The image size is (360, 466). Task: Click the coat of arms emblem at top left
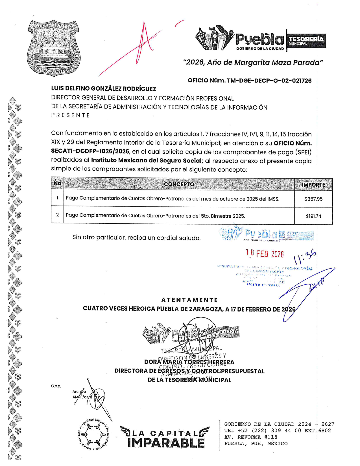[x=53, y=48]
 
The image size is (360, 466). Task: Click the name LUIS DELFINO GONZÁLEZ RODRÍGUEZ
[x=103, y=89]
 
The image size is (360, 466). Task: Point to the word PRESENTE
[x=70, y=115]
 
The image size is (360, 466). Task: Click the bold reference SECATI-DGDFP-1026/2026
[x=90, y=151]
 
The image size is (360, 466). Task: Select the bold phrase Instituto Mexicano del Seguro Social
[x=147, y=160]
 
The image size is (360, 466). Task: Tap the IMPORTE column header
[x=313, y=185]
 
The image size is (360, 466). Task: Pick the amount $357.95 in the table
[x=313, y=199]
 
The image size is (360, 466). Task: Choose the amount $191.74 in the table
[x=313, y=216]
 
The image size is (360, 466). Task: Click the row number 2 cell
[x=57, y=215]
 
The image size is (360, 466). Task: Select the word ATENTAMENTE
[x=189, y=300]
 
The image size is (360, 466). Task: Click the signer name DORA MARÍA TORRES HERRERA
[x=189, y=362]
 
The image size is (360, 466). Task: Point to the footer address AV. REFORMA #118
[x=251, y=437]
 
